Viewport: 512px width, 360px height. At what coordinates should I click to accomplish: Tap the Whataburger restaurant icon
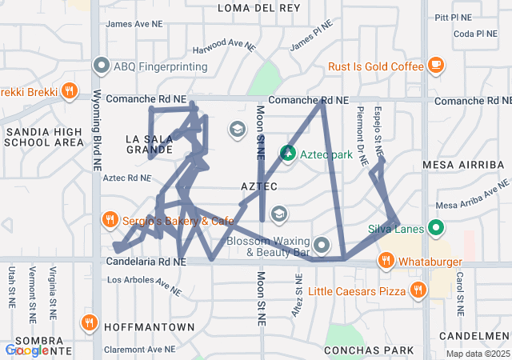tap(386, 260)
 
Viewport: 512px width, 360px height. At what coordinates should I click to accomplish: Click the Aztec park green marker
tap(287, 152)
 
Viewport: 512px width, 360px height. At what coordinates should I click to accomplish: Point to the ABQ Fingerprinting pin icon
tap(102, 66)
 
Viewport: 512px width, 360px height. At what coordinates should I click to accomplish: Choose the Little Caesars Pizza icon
tap(416, 290)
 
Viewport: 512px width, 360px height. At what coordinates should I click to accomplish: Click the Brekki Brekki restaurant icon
tap(70, 91)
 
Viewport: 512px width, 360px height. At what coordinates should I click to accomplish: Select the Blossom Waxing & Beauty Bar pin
tap(322, 245)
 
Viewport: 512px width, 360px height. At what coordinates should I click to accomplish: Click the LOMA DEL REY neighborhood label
tap(259, 8)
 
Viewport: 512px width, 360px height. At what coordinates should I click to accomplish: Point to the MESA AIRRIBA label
tap(463, 165)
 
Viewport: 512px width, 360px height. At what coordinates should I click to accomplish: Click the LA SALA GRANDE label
tap(150, 144)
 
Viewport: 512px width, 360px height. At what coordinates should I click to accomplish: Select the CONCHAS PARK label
tap(369, 350)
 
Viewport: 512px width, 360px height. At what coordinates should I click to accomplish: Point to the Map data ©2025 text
tap(477, 354)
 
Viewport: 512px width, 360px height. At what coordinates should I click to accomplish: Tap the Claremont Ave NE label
tap(139, 350)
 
